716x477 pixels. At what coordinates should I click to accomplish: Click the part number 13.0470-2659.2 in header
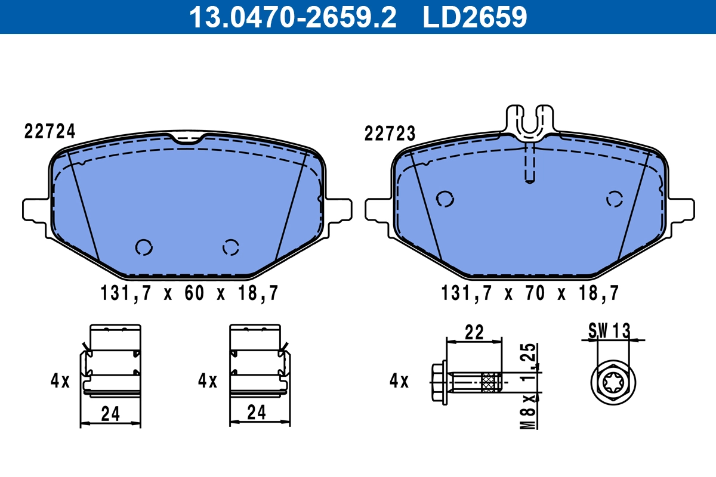292,17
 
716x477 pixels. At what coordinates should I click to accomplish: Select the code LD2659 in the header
475,17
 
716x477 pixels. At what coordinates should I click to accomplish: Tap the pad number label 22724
50,131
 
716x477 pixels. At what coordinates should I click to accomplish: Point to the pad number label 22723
390,134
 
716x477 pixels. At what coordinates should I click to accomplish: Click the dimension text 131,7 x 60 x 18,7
188,293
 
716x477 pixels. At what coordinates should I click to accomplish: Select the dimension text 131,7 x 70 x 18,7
530,293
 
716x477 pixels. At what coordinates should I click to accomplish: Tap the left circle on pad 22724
144,247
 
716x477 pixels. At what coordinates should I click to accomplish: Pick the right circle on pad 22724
231,247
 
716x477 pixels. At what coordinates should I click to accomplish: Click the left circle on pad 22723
445,199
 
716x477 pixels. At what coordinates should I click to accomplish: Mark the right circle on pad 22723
615,199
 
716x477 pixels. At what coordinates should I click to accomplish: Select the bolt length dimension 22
474,333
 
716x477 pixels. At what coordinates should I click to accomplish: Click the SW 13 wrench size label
609,330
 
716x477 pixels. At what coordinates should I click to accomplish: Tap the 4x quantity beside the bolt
399,380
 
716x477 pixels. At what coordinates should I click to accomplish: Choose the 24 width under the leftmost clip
110,413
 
